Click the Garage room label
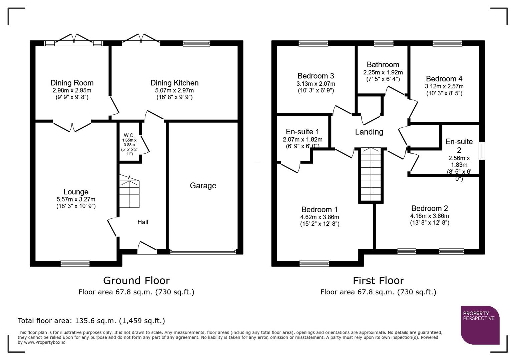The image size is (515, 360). (x=203, y=186)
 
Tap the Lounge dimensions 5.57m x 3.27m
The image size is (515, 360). (x=76, y=199)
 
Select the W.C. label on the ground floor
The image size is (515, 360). (x=129, y=135)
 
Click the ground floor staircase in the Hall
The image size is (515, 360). (x=129, y=193)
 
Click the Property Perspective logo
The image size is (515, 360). (x=480, y=325)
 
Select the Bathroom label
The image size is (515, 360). (x=383, y=65)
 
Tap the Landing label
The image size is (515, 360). (x=369, y=132)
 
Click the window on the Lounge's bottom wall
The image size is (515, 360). (x=75, y=263)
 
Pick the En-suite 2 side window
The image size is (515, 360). (x=482, y=151)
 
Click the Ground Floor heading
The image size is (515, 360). (x=136, y=280)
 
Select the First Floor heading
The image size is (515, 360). (x=378, y=280)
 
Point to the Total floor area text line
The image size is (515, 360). (x=91, y=321)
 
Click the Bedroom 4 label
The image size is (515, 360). (x=444, y=79)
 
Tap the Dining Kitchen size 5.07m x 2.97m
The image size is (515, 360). (x=174, y=90)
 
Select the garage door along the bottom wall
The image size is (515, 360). (x=203, y=252)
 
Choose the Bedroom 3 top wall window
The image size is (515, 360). (x=313, y=43)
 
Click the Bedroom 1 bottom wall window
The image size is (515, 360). (x=314, y=263)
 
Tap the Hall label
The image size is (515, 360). (x=143, y=222)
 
